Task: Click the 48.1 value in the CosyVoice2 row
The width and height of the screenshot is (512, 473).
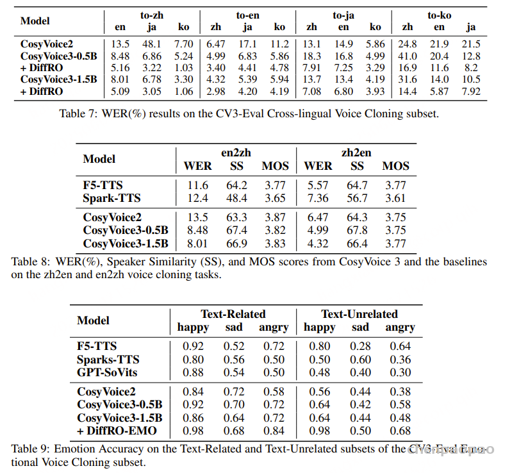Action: tap(152, 44)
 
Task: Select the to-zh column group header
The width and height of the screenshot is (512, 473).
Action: tap(151, 14)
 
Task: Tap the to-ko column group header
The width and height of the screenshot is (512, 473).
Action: tap(439, 14)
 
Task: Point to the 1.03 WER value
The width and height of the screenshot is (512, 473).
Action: tap(183, 67)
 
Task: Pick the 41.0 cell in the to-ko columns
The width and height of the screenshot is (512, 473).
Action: tap(408, 56)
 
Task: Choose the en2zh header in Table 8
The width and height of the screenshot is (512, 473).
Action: tap(236, 153)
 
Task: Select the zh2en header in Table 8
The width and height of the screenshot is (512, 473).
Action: tap(357, 153)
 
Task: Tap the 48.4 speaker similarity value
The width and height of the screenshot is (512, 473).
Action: tap(236, 198)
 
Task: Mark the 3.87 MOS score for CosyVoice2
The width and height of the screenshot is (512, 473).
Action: tap(275, 217)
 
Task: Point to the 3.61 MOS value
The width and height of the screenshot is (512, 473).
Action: tap(395, 198)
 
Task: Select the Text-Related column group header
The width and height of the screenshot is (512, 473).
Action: tap(233, 314)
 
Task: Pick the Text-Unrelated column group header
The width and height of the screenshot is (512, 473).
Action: tap(359, 314)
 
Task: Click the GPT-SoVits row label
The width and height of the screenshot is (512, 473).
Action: tap(107, 372)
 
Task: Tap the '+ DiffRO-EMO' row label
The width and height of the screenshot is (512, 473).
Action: tap(117, 431)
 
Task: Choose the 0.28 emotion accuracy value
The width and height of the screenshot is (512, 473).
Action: tap(360, 347)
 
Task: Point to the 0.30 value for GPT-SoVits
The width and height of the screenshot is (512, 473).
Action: tap(401, 372)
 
